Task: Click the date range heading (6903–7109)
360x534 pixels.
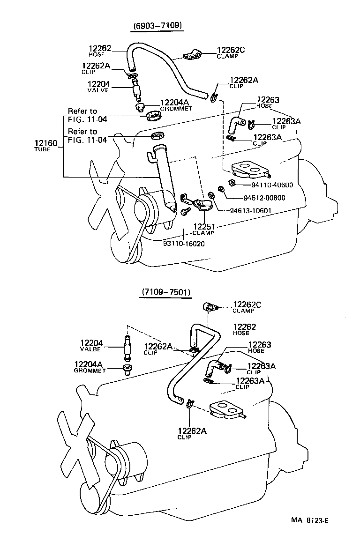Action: (x=156, y=25)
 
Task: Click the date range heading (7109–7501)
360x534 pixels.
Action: (x=165, y=292)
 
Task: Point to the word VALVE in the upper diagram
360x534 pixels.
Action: (x=97, y=90)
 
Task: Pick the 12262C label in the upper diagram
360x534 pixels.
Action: (x=231, y=50)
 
